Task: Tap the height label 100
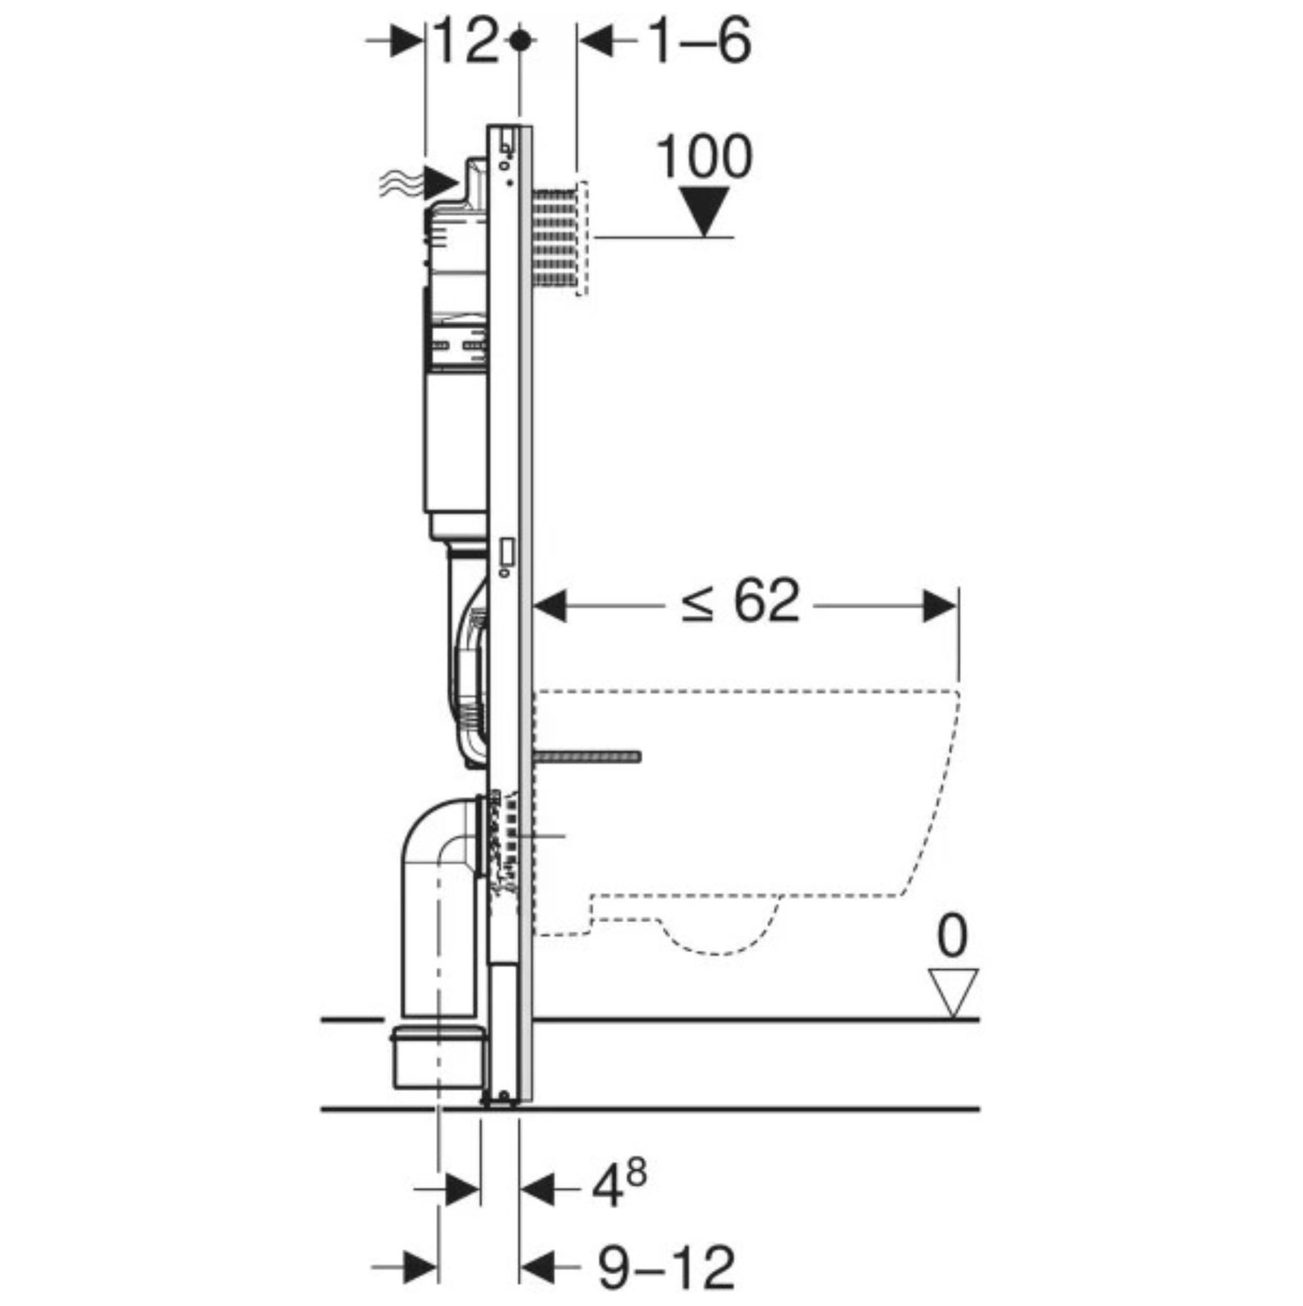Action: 704,157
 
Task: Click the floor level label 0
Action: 953,937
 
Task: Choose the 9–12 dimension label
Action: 666,1268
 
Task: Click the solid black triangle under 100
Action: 704,214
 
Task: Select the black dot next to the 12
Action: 519,41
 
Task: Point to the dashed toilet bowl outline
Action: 747,821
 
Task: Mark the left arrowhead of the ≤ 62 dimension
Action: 550,606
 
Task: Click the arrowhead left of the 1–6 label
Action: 597,42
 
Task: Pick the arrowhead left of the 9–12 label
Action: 538,1266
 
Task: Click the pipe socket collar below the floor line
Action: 439,1058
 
